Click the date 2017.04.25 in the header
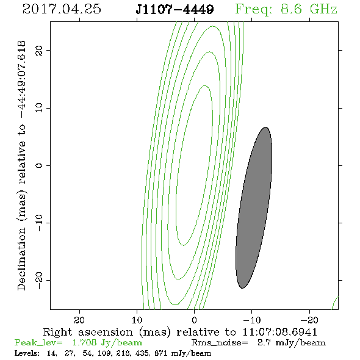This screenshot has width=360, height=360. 62,9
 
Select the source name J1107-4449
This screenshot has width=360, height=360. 175,10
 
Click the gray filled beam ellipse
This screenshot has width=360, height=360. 254,207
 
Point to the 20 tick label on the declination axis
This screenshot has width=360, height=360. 39,50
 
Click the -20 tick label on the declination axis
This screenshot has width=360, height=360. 39,280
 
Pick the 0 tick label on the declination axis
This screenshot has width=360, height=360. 39,165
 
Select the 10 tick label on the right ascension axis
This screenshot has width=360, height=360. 137,320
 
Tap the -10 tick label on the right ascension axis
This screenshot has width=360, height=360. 252,320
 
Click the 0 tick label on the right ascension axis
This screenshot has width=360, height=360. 195,320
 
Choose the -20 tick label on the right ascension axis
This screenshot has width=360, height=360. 309,320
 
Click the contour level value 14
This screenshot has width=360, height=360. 52,353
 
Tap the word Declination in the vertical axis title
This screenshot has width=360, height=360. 21,259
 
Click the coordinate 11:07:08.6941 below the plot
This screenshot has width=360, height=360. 279,332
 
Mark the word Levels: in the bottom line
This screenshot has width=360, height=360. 27,353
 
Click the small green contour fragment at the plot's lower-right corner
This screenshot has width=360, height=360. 335,303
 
